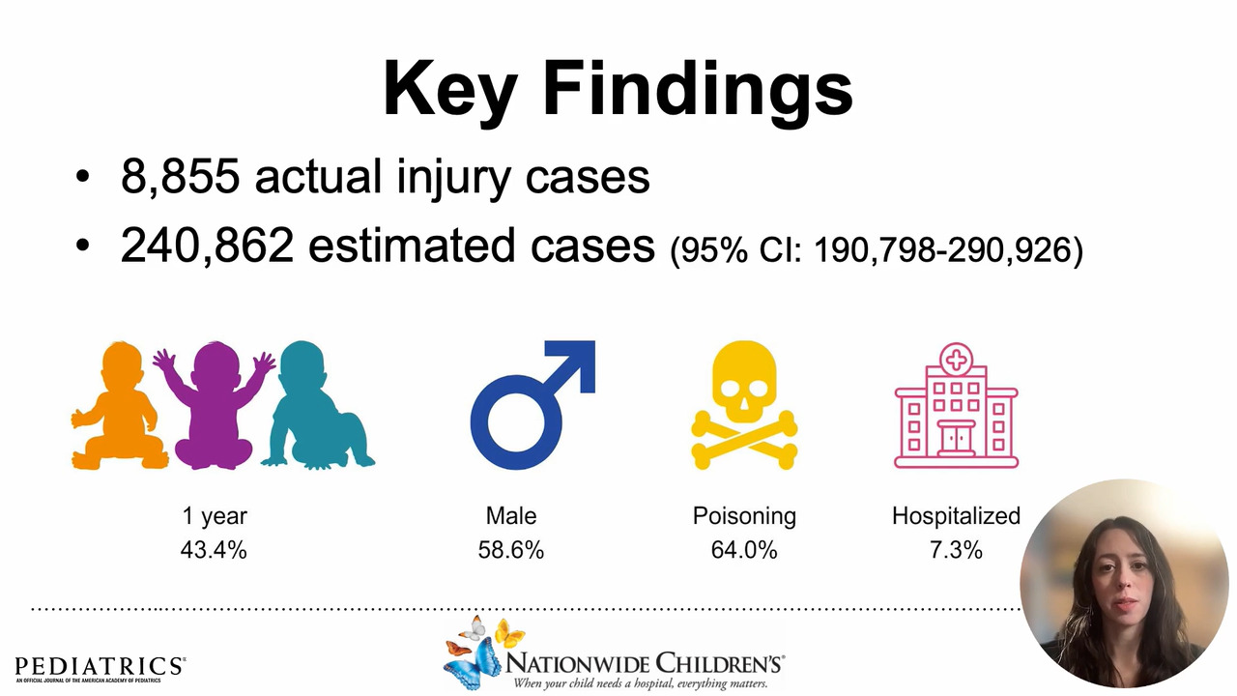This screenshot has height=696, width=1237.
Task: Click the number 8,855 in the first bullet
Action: point(181,176)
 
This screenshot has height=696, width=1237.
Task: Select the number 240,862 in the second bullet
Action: point(207,246)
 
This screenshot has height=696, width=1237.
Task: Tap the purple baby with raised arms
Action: point(215,405)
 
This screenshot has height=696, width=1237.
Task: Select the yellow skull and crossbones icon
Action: point(744,405)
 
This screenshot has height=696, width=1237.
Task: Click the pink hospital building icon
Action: point(956,405)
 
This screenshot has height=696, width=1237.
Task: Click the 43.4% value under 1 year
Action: point(214,550)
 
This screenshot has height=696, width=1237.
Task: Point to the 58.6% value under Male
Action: point(511,550)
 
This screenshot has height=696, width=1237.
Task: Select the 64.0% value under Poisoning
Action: point(744,550)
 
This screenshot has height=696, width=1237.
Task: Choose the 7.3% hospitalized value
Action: point(956,550)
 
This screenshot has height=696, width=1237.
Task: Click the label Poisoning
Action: point(744,516)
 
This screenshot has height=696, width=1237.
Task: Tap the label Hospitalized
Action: point(956,516)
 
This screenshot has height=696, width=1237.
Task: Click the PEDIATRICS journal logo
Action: point(100,669)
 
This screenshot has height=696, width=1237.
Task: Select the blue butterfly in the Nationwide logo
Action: point(469,664)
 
